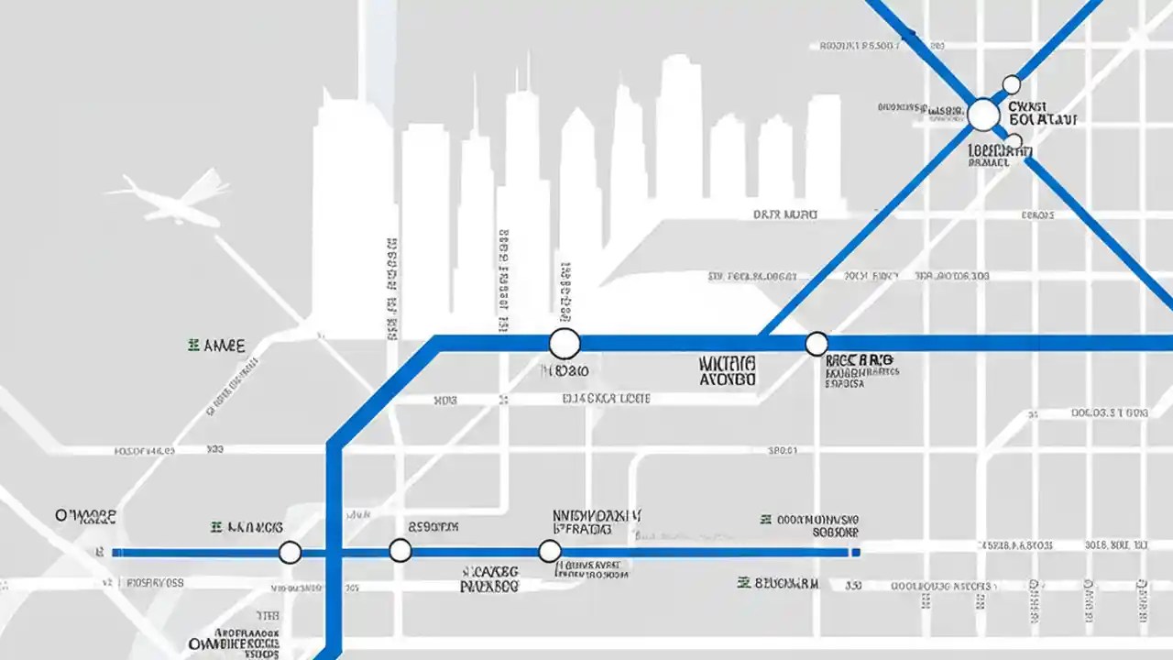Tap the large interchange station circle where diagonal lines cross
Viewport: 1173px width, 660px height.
[x=983, y=115]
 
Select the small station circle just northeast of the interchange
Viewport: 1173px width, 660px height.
[x=1011, y=85]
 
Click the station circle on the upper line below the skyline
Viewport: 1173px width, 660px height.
[x=565, y=344]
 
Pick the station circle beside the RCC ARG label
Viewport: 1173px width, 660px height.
[x=816, y=344]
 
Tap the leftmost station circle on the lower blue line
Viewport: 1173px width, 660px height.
[x=290, y=552]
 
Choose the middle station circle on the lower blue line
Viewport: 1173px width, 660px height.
[x=400, y=551]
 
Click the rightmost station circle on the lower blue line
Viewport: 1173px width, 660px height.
[x=549, y=551]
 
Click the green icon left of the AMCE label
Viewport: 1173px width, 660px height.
[x=193, y=346]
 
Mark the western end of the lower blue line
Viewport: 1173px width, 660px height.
[x=115, y=553]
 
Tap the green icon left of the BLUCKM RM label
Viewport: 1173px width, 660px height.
[x=745, y=582]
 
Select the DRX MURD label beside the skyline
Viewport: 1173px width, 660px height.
[x=785, y=214]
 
